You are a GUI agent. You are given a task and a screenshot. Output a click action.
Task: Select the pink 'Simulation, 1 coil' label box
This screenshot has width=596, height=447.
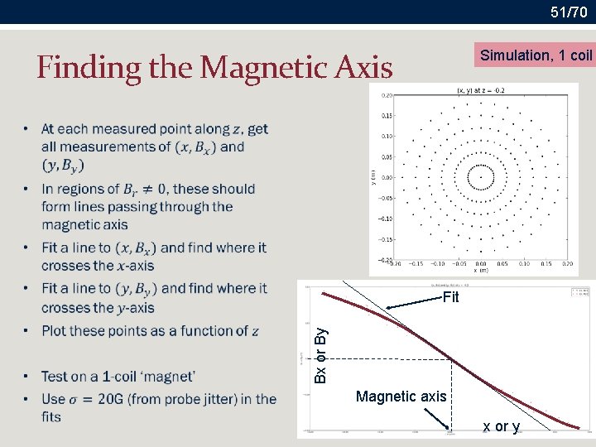click(x=536, y=55)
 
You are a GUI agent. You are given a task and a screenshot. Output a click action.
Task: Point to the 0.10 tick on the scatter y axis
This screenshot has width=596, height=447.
click(x=387, y=136)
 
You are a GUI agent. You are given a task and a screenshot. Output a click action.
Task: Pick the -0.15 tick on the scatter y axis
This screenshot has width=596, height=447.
click(x=385, y=239)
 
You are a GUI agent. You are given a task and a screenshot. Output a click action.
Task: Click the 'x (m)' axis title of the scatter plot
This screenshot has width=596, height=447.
click(x=480, y=270)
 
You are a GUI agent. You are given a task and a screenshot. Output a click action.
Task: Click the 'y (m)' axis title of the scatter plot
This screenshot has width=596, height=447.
click(x=374, y=177)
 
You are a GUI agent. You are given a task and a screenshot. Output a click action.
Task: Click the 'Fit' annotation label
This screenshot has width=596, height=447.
click(x=450, y=297)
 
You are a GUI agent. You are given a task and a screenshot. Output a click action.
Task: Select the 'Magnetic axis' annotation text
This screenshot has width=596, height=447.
click(x=401, y=397)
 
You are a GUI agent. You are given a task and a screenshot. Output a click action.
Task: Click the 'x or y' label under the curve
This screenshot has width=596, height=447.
click(x=502, y=426)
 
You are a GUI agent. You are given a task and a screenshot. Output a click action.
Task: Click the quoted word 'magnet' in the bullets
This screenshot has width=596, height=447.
click(x=166, y=376)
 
